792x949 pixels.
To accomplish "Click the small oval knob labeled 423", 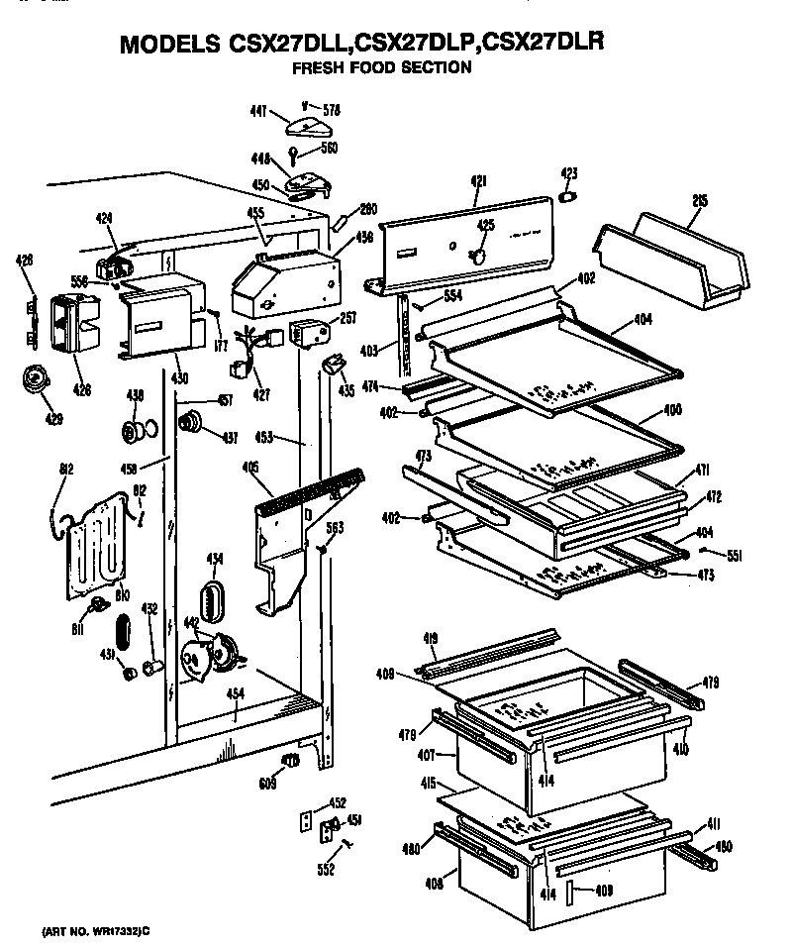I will [568, 197].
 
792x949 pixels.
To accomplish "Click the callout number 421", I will [478, 180].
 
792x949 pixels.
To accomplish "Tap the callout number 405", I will [250, 469].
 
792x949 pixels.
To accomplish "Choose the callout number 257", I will [347, 319].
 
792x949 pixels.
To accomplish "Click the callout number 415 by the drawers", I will [428, 783].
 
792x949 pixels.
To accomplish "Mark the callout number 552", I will [327, 870].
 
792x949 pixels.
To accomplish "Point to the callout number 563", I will [335, 527].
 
